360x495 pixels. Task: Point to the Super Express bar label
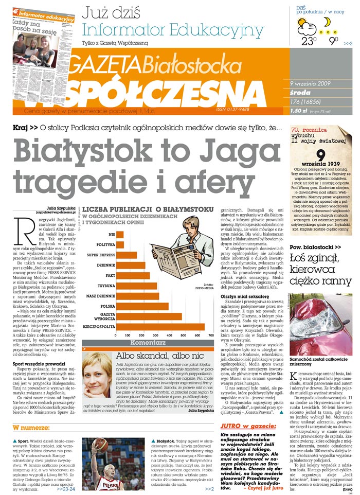100,255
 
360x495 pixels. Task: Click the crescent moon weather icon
327,22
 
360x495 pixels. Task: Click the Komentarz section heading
148,342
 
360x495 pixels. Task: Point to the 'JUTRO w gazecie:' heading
248,427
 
